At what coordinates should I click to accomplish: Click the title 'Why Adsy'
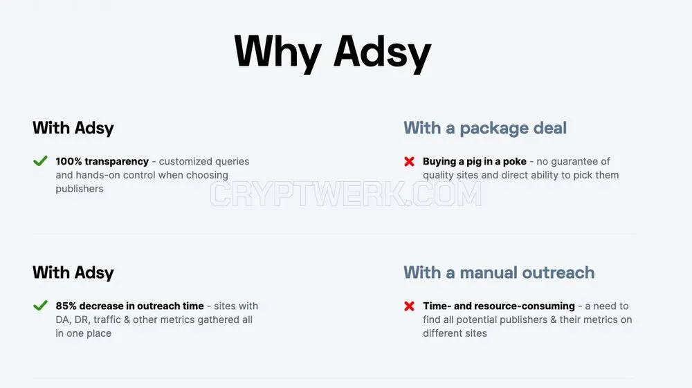click(333, 53)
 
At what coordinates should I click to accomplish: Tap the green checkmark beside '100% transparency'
click(40, 161)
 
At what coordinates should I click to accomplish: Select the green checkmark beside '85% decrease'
click(40, 306)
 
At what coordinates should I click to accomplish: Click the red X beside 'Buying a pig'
click(409, 161)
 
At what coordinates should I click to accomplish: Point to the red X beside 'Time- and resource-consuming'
click(409, 306)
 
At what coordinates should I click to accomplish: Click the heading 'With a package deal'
click(485, 129)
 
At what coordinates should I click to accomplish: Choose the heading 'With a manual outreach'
click(499, 272)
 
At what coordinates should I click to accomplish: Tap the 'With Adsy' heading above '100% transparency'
click(73, 129)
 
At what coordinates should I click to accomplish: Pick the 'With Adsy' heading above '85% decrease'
click(73, 273)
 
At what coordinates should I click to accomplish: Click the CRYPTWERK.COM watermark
click(345, 194)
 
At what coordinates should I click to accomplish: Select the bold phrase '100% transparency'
click(102, 161)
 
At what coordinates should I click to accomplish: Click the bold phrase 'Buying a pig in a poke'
click(475, 161)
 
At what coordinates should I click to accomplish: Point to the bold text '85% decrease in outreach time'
click(130, 306)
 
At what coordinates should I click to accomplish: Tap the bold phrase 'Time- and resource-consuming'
click(499, 306)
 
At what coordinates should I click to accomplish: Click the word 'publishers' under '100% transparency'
click(80, 189)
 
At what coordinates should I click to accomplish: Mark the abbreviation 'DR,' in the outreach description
click(82, 320)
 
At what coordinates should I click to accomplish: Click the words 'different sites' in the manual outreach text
click(455, 333)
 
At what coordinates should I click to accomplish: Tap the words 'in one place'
click(84, 333)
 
